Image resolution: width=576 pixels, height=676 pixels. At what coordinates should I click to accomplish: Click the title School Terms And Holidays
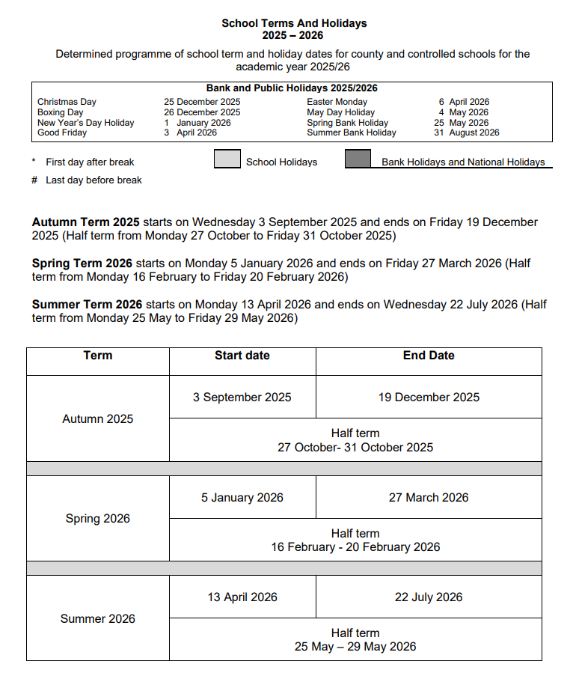[x=294, y=23]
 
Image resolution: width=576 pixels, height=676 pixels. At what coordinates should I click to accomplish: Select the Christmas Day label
[x=67, y=102]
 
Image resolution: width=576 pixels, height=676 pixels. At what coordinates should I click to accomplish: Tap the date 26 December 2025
[x=202, y=112]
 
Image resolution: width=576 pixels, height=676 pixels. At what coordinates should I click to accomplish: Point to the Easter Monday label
[x=337, y=102]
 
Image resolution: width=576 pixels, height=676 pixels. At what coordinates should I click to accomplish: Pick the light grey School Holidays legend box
[x=227, y=159]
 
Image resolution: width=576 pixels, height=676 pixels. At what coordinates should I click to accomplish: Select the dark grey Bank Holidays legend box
[x=358, y=159]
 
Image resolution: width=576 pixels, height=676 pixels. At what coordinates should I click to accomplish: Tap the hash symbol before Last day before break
[x=34, y=180]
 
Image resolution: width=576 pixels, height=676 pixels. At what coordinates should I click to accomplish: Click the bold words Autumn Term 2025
[x=85, y=222]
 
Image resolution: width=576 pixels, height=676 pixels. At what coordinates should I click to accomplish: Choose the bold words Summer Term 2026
[x=87, y=305]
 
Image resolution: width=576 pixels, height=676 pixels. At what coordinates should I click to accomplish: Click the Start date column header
[x=242, y=356]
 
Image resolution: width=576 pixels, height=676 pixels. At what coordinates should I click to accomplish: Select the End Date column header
[x=429, y=356]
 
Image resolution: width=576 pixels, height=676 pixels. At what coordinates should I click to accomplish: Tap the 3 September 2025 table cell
[x=242, y=397]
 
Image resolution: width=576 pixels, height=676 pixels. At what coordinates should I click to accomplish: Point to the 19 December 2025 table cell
[x=429, y=397]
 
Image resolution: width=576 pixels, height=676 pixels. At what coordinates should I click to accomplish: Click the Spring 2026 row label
[x=98, y=518]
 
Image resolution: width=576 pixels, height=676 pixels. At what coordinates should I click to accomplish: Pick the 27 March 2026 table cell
[x=429, y=497]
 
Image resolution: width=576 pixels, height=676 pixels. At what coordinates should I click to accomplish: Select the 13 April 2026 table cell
[x=242, y=597]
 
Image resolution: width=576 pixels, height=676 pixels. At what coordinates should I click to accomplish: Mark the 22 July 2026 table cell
[x=429, y=597]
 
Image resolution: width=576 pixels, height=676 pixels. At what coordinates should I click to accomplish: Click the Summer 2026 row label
[x=98, y=618]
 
